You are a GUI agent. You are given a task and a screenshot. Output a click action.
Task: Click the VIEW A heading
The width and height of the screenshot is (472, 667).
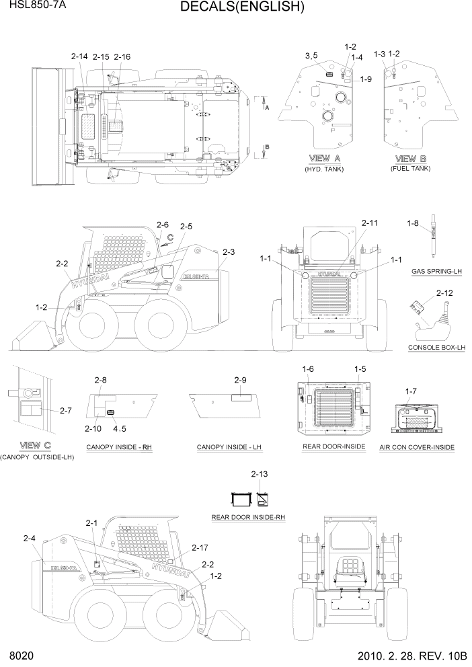tap(323, 158)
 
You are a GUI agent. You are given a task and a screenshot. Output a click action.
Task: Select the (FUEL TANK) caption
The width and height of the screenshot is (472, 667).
tap(410, 168)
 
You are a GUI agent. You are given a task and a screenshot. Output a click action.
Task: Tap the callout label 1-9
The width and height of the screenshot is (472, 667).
tap(366, 79)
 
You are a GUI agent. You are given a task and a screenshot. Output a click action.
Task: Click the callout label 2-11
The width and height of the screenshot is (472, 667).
tap(370, 223)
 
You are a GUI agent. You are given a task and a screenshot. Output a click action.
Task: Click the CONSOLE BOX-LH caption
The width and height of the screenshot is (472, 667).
tap(436, 348)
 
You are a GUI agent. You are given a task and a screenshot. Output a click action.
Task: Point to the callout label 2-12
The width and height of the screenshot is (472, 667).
tap(444, 293)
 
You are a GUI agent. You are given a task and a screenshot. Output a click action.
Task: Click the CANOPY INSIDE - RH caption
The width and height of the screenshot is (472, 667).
tap(119, 447)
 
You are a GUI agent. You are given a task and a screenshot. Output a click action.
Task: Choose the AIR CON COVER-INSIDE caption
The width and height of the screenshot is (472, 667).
tap(417, 447)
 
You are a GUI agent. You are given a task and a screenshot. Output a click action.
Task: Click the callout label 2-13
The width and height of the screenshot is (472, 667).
tap(259, 475)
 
